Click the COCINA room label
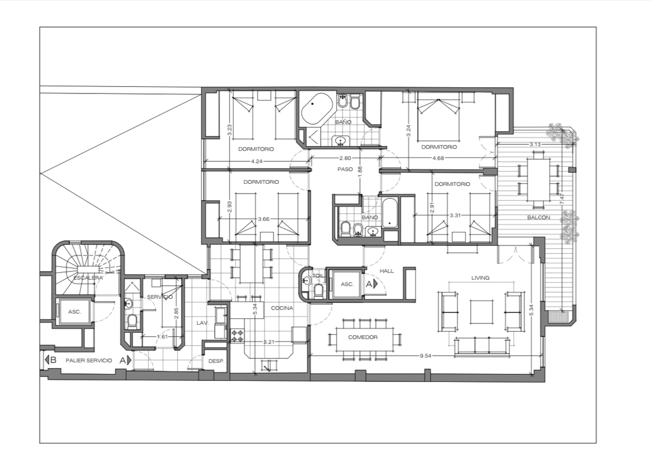click(x=282, y=308)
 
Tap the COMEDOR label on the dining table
click(x=363, y=337)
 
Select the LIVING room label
click(x=480, y=278)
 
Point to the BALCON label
click(x=538, y=218)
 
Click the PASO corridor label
click(x=345, y=169)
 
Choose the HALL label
click(x=387, y=271)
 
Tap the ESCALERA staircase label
click(x=88, y=278)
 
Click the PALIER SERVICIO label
click(x=89, y=360)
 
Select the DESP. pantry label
click(x=216, y=361)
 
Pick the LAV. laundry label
click(x=202, y=322)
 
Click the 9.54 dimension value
click(x=425, y=356)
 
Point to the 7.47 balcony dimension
click(x=562, y=199)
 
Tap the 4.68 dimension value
click(x=438, y=158)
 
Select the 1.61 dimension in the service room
click(x=162, y=337)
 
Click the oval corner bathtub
click(x=317, y=109)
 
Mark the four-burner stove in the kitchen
click(x=237, y=335)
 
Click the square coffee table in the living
click(x=481, y=312)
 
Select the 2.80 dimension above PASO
click(x=345, y=158)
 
